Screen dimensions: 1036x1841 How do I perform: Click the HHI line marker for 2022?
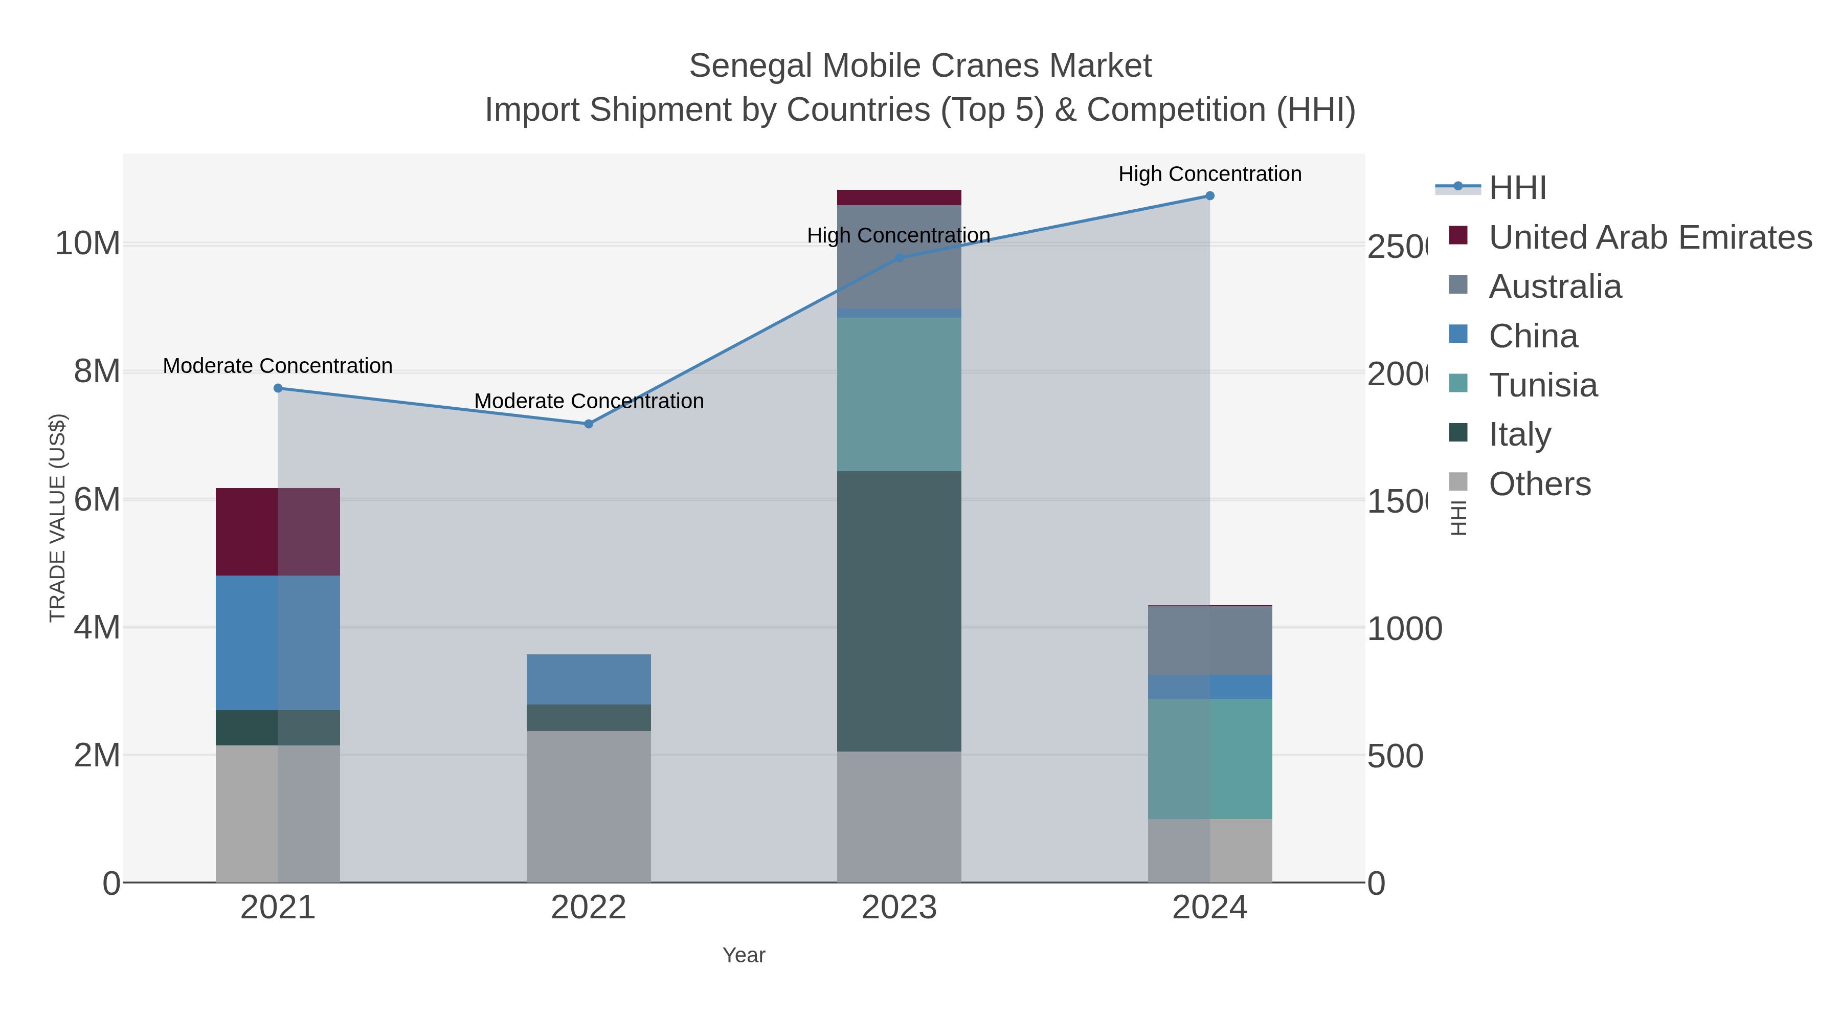point(588,424)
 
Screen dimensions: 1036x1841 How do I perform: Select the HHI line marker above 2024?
point(1209,196)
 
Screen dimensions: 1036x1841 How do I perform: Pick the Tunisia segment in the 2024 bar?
point(1209,759)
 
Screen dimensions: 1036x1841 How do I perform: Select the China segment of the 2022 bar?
point(588,679)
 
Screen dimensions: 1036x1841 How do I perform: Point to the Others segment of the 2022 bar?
point(588,806)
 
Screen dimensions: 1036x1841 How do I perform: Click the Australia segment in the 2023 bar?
point(899,257)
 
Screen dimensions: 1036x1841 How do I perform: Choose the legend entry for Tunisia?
point(1542,385)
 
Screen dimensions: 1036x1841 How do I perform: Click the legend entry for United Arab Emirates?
point(1649,237)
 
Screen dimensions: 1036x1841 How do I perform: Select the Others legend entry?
point(1539,484)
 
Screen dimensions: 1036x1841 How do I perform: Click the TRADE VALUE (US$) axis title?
point(58,518)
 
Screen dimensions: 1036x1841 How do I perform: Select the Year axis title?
point(743,955)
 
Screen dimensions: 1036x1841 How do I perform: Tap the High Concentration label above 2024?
point(1209,174)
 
